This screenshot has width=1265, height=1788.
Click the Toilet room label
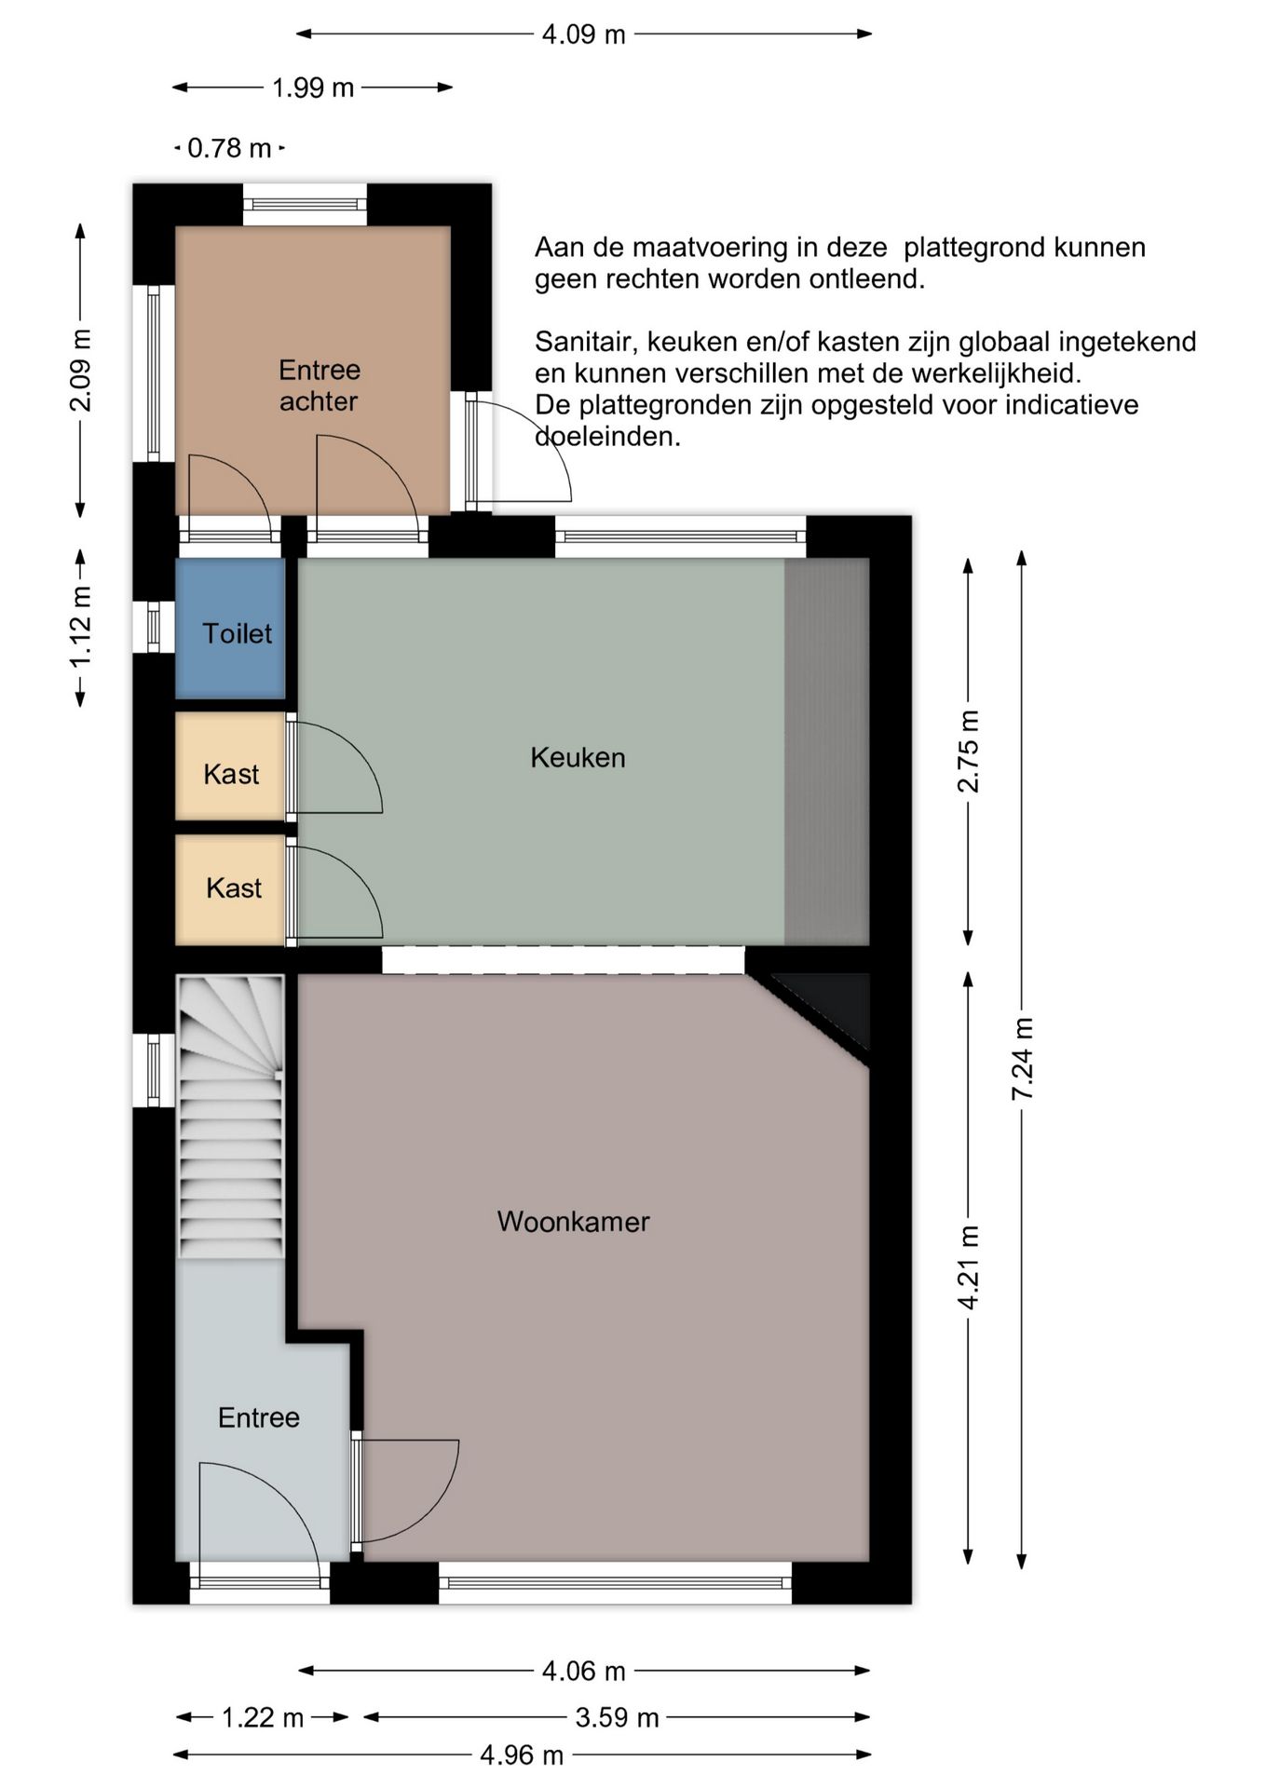(x=238, y=633)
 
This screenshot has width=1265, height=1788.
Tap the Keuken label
(x=578, y=757)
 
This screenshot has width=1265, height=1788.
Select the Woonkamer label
(x=573, y=1221)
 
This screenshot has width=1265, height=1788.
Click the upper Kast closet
(x=230, y=766)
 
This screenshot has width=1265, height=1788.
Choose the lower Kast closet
(x=230, y=889)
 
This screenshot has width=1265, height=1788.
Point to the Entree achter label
(x=320, y=386)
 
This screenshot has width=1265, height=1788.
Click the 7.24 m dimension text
(x=1023, y=1059)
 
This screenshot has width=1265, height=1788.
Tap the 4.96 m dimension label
(x=522, y=1755)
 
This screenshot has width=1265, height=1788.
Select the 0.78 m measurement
(x=229, y=148)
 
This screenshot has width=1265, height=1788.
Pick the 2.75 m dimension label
(x=969, y=751)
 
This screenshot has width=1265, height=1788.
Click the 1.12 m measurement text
(x=81, y=627)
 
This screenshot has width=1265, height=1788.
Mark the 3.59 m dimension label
(x=617, y=1717)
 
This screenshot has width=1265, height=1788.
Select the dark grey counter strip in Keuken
(x=827, y=752)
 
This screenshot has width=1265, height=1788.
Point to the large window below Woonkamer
(x=615, y=1582)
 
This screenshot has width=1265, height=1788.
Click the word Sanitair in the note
(x=587, y=343)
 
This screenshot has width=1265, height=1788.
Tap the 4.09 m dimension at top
(x=584, y=34)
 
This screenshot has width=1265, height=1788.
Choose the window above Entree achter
(x=305, y=204)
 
